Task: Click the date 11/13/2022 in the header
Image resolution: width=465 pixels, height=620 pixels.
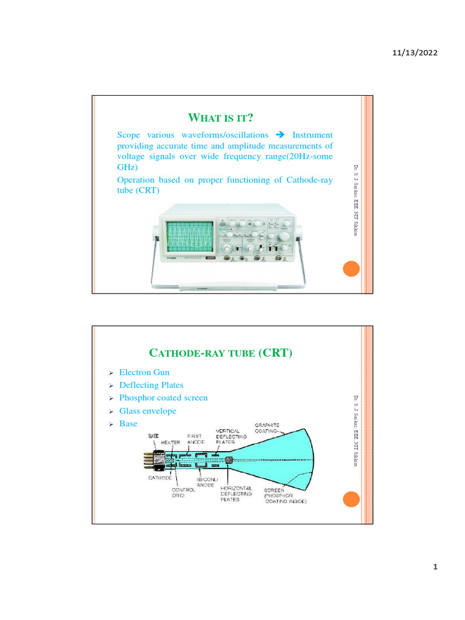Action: click(415, 53)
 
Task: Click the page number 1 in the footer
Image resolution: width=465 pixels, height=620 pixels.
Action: click(435, 567)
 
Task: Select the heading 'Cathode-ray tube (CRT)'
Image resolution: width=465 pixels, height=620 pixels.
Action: click(220, 352)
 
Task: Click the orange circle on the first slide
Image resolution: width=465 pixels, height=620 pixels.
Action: click(351, 270)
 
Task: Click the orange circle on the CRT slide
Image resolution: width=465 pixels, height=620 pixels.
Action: click(351, 499)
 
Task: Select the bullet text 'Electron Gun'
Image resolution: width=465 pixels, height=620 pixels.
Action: click(145, 372)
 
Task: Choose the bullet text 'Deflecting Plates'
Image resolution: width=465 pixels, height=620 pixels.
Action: click(151, 385)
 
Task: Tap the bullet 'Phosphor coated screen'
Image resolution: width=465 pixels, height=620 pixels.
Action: click(163, 398)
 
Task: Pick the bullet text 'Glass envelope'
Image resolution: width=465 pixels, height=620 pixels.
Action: click(148, 411)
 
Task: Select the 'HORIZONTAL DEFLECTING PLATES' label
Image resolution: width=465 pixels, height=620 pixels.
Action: click(236, 493)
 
